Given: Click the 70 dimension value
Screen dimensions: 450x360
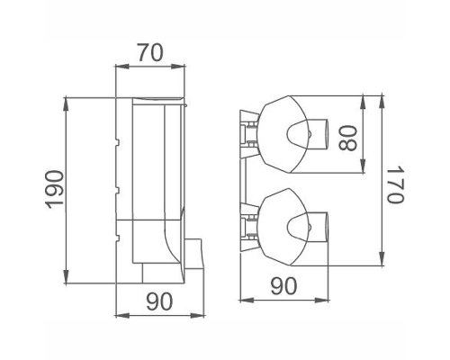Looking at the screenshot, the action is pyautogui.click(x=150, y=53).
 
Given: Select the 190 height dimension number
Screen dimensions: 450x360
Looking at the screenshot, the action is pyautogui.click(x=55, y=189).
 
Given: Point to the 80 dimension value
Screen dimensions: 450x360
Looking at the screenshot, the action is pyautogui.click(x=348, y=138).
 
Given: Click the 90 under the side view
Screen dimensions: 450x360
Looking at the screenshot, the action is pyautogui.click(x=159, y=301).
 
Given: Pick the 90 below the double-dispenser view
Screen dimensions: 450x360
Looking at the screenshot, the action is pyautogui.click(x=283, y=286).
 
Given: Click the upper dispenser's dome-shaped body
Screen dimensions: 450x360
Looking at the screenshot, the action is pyautogui.click(x=283, y=134).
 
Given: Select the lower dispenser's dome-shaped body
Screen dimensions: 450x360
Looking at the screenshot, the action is pyautogui.click(x=283, y=227).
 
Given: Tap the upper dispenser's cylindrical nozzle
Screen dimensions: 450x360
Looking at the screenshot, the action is pyautogui.click(x=318, y=134).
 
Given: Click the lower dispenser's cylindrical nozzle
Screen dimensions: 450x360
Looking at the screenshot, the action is pyautogui.click(x=318, y=227).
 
